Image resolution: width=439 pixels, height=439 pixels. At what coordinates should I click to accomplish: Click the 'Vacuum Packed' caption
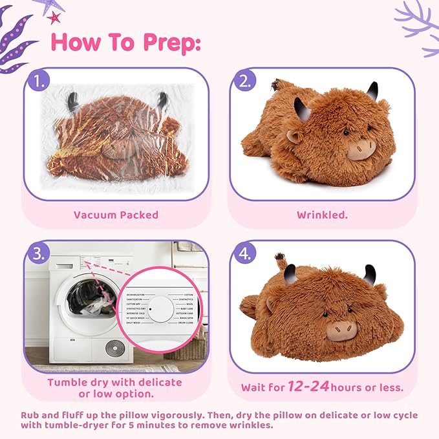click(x=116, y=215)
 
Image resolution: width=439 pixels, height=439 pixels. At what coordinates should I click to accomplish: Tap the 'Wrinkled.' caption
click(x=322, y=215)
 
